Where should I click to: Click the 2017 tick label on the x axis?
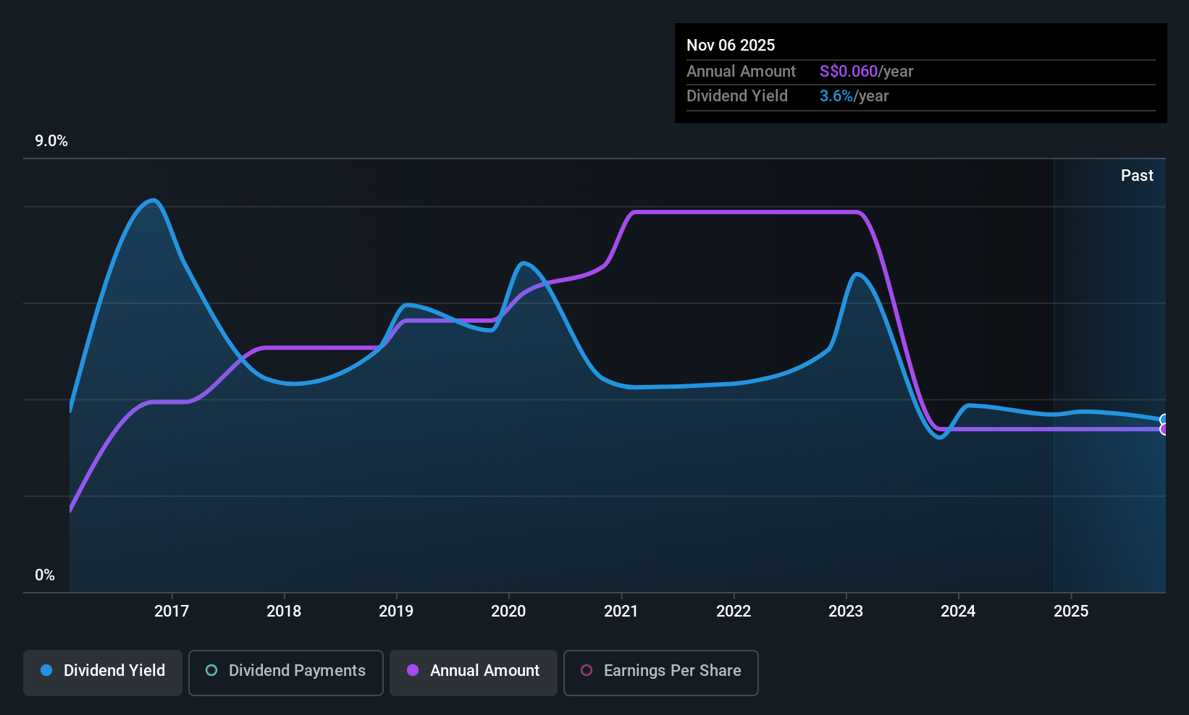172,611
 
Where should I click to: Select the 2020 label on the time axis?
508,611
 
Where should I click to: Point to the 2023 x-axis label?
846,611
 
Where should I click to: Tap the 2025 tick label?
1071,611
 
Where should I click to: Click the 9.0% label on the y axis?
51,141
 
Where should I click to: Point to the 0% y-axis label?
45,575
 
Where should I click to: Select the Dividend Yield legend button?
102,672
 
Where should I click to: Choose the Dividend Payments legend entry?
285,672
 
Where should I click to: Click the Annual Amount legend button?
474,672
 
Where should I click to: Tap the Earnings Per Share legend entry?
661,672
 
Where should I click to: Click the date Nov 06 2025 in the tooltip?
731,46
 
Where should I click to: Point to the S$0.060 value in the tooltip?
848,71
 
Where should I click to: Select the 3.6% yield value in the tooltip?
836,96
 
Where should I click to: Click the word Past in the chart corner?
1137,176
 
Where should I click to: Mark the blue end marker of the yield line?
1164,420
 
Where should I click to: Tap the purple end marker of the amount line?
1164,429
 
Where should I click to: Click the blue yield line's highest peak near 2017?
154,200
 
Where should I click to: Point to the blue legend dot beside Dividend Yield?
47,670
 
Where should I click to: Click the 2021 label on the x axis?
621,611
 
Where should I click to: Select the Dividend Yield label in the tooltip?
736,96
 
